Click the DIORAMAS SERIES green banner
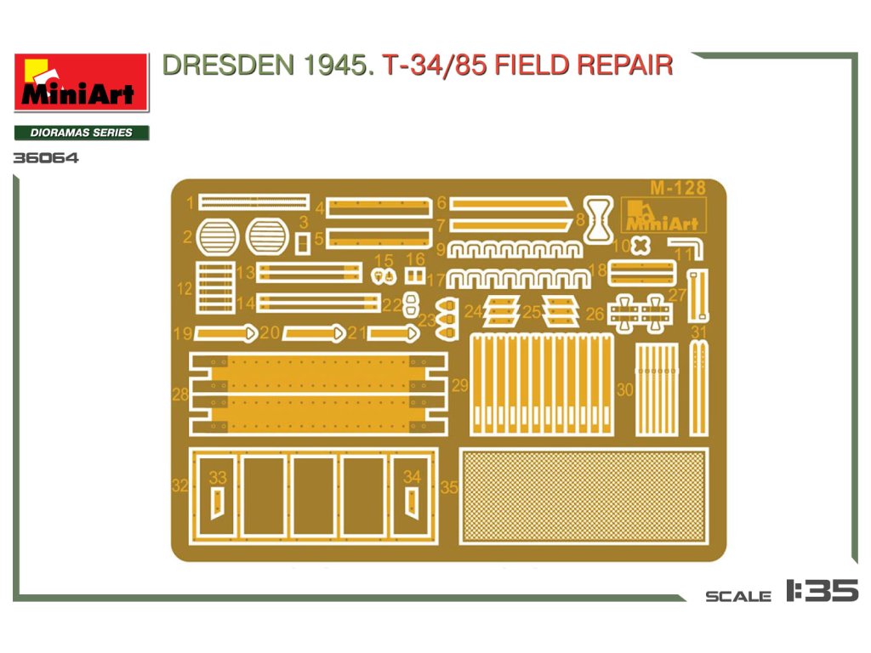(x=82, y=133)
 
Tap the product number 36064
(x=46, y=157)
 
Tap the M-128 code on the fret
(x=677, y=188)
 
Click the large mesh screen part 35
(x=584, y=497)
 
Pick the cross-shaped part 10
(x=640, y=245)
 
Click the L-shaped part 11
(x=687, y=247)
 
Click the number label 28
(x=179, y=395)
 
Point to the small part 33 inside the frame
(x=218, y=502)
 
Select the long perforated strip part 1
(x=253, y=202)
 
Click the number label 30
(x=625, y=390)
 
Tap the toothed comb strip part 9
(x=516, y=249)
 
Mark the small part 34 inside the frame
(x=413, y=502)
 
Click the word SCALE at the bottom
(x=738, y=596)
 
